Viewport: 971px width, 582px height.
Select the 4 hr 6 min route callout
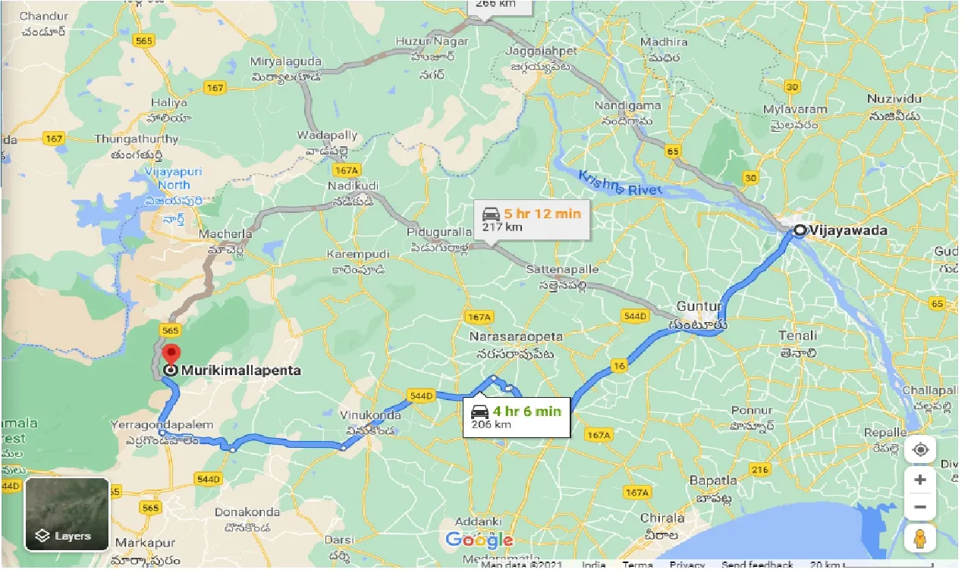(517, 417)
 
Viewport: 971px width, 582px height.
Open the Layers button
(67, 515)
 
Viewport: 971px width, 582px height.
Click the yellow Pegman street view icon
(919, 539)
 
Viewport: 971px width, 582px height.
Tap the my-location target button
(919, 449)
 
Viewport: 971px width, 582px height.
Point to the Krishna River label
(621, 183)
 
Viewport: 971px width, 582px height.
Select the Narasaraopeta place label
(515, 336)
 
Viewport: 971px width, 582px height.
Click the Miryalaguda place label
(288, 61)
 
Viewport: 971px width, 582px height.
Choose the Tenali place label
(797, 336)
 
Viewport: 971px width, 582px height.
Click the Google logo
(479, 540)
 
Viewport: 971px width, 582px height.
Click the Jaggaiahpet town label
(541, 52)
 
